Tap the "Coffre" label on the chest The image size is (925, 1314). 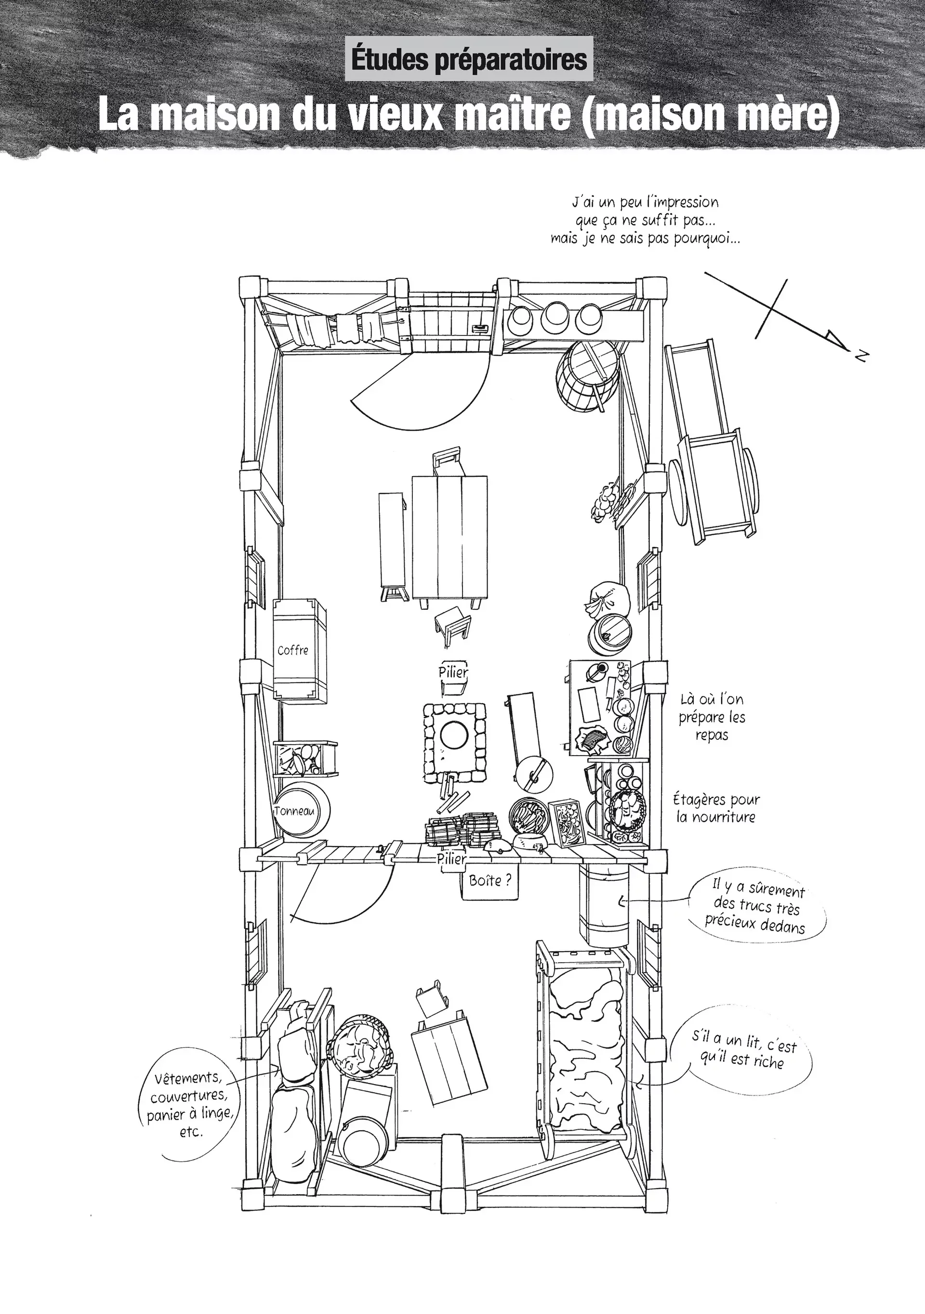coord(293,650)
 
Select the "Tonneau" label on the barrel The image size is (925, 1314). coord(294,811)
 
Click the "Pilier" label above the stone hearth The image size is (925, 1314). coord(453,672)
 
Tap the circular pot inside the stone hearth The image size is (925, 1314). coord(456,734)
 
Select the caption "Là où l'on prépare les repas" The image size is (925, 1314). coord(712,717)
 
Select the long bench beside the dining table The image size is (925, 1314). coord(393,547)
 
